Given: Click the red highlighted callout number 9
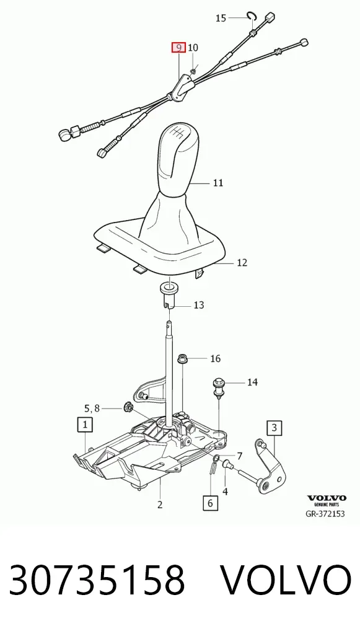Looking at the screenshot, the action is pos(178,48).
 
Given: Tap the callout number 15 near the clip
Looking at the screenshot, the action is pos(221,18).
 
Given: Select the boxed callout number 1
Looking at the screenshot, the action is pos(85,424).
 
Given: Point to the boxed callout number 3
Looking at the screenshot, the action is pos(274,427).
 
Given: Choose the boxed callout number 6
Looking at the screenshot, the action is pos(211,503).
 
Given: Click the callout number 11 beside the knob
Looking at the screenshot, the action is pos(218,183).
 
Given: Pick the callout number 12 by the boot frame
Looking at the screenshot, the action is pos(242,263).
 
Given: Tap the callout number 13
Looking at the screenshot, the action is pos(199,305).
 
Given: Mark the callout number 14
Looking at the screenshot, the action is pos(252,382).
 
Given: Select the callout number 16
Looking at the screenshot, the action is pos(216,358).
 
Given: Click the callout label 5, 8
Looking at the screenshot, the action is pos(92,409).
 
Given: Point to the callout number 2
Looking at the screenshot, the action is pos(160,504).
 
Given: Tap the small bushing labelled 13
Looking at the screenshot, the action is pos(169,296).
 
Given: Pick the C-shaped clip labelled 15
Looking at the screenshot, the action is pos(252,16).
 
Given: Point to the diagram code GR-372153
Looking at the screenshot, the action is pos(325,513).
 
